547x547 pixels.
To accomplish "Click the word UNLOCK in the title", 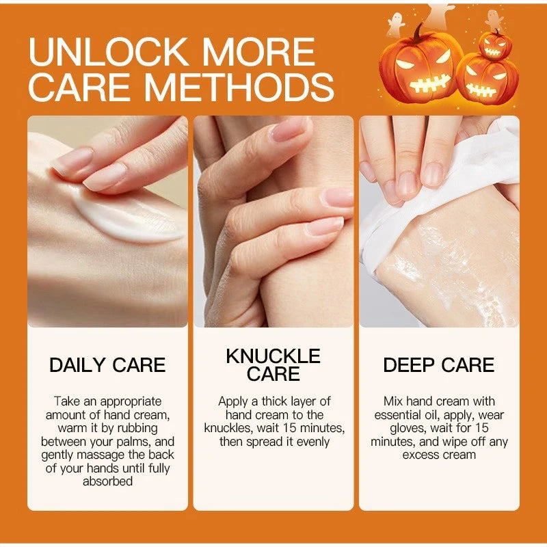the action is click(x=109, y=52).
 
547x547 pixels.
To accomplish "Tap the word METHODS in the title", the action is click(x=239, y=87).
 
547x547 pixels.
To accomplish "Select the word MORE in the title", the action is click(x=259, y=52).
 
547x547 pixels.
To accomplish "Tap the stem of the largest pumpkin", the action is click(x=418, y=32).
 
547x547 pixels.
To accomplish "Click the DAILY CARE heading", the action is click(x=107, y=365).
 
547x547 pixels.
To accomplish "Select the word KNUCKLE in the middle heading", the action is click(x=273, y=356).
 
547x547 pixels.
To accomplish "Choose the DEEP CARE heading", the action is click(x=438, y=365).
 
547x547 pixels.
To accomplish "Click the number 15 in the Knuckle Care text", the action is click(x=289, y=428).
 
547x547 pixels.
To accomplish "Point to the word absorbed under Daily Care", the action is click(x=107, y=481).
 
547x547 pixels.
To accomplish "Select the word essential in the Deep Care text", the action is click(x=398, y=415).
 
